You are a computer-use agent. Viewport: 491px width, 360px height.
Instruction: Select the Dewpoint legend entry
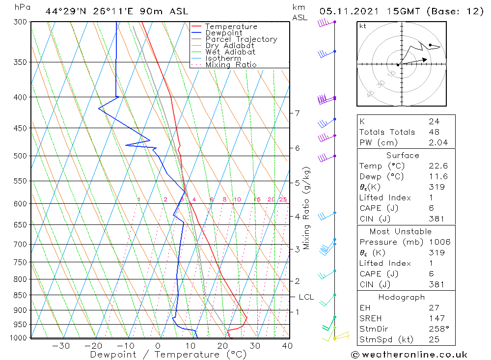(x=224, y=33)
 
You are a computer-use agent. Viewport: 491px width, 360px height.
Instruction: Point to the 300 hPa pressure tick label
(x=20, y=22)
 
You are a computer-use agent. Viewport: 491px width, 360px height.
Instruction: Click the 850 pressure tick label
(x=20, y=295)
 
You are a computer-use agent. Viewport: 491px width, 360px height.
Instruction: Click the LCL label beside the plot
(x=306, y=297)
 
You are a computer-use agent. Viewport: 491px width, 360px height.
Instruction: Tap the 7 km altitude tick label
(x=297, y=113)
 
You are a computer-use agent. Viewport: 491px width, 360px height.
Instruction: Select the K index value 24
(x=434, y=121)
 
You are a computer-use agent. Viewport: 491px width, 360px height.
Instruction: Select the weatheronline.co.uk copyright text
(x=409, y=355)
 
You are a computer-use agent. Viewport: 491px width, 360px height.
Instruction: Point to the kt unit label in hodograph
(x=363, y=26)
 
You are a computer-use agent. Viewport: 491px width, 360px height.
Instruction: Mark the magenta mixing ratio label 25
(x=283, y=199)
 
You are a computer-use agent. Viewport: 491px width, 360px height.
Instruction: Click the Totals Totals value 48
(x=434, y=132)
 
